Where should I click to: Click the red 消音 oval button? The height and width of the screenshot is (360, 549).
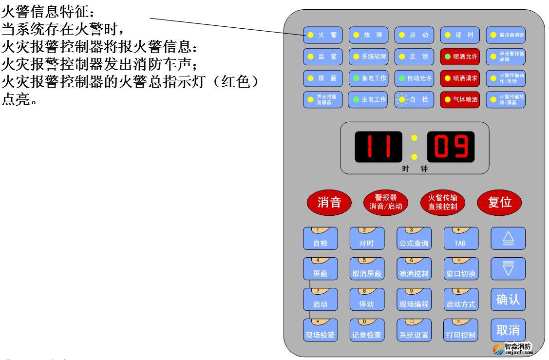pyautogui.click(x=329, y=203)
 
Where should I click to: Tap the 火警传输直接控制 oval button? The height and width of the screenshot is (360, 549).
pyautogui.click(x=443, y=202)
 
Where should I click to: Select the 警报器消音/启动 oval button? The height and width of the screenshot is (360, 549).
pyautogui.click(x=385, y=202)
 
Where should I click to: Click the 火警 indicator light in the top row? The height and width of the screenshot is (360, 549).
pyautogui.click(x=322, y=35)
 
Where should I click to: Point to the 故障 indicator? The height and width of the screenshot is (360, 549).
pyautogui.click(x=368, y=35)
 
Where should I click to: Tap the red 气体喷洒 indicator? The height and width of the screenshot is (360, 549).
pyautogui.click(x=459, y=99)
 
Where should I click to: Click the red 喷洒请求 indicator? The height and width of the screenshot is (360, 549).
pyautogui.click(x=459, y=78)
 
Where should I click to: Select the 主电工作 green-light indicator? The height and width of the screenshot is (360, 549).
pyautogui.click(x=368, y=99)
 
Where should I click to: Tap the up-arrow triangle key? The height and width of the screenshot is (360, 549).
pyautogui.click(x=508, y=239)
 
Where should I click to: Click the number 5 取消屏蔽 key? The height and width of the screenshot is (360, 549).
pyautogui.click(x=367, y=269)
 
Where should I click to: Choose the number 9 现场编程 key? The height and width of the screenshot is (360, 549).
pyautogui.click(x=414, y=299)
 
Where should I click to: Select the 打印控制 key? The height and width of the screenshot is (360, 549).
pyautogui.click(x=460, y=330)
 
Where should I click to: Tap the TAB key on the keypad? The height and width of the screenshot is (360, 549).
pyautogui.click(x=460, y=239)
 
